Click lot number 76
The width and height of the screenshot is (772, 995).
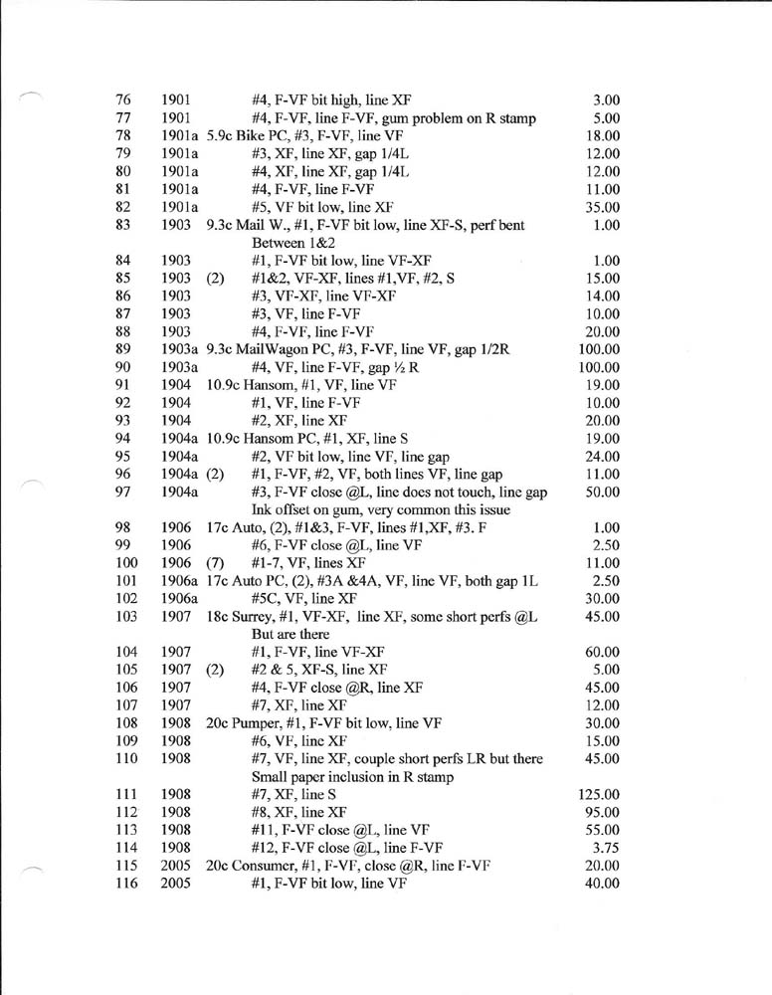(123, 99)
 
